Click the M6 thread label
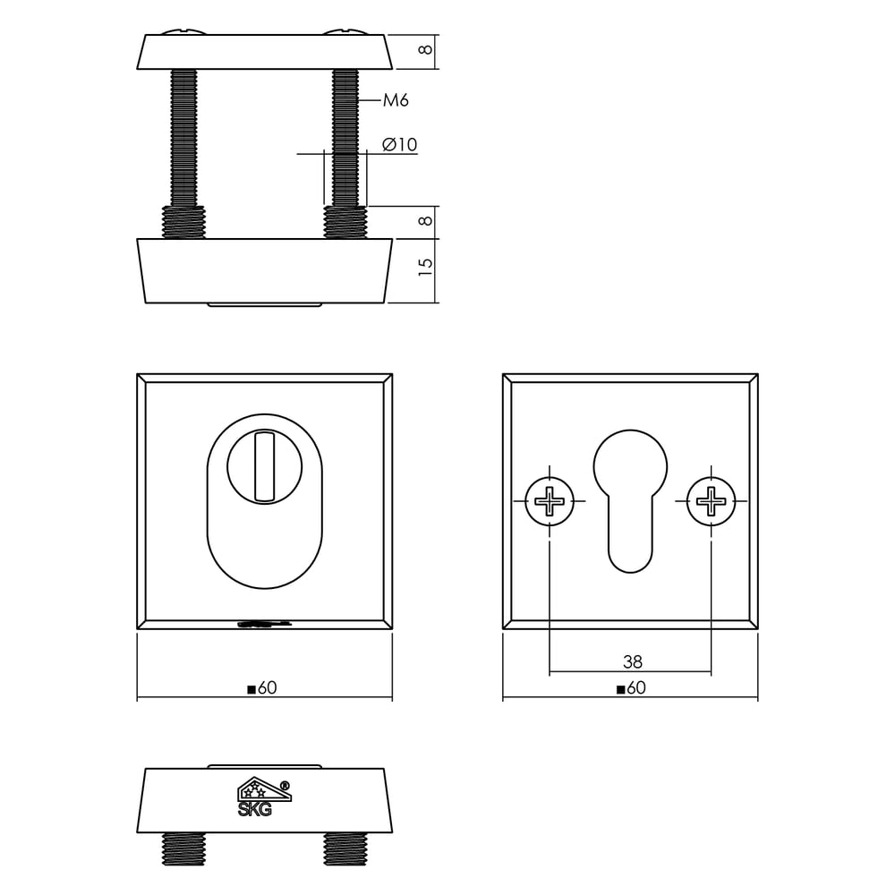tap(396, 100)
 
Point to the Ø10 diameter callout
tap(399, 144)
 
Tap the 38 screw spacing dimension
tap(632, 662)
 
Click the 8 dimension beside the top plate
tap(427, 50)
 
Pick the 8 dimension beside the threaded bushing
tap(427, 218)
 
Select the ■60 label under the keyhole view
tap(630, 688)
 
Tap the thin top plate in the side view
tap(264, 52)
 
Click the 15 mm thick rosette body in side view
tap(264, 270)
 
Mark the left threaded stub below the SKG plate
tap(183, 848)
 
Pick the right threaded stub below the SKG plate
tap(345, 848)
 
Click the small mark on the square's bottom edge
tap(263, 625)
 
